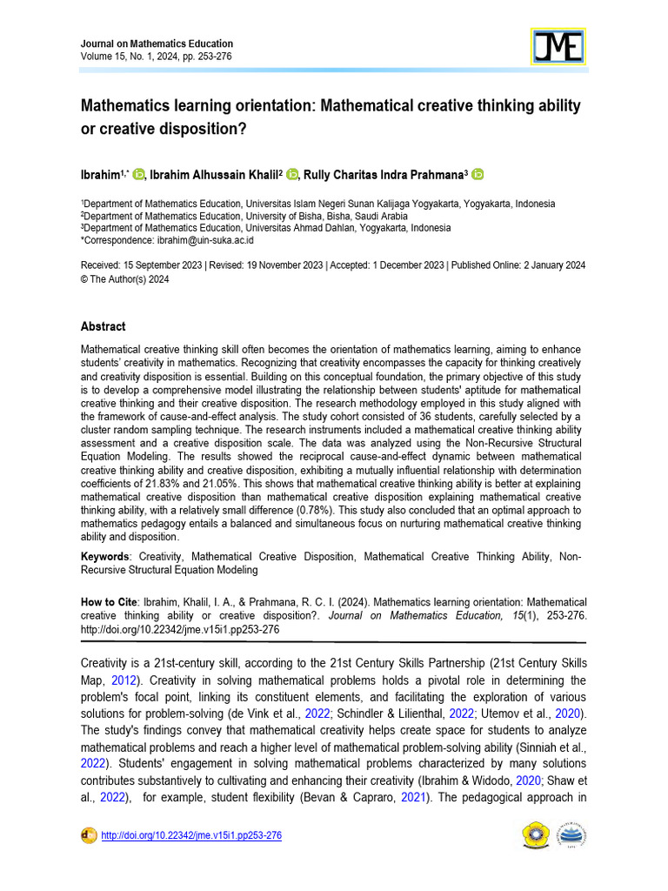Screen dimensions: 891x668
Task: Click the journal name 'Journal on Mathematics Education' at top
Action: pyautogui.click(x=157, y=44)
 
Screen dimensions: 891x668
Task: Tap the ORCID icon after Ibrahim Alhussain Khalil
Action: pyautogui.click(x=292, y=174)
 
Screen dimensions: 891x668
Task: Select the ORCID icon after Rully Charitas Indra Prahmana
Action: pyautogui.click(x=478, y=174)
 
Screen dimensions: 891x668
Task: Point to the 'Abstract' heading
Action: pyautogui.click(x=103, y=326)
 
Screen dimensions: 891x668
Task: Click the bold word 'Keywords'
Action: pyautogui.click(x=104, y=556)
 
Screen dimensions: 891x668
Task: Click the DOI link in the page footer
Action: pyautogui.click(x=191, y=835)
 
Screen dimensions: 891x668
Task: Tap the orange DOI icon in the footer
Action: pyautogui.click(x=88, y=835)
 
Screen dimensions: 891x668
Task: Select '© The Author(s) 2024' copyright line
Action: pyautogui.click(x=124, y=279)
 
